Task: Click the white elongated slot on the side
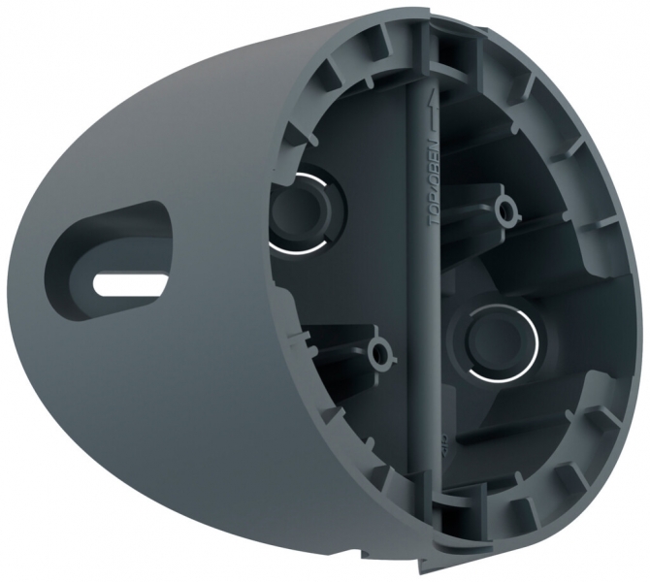point(126,280)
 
